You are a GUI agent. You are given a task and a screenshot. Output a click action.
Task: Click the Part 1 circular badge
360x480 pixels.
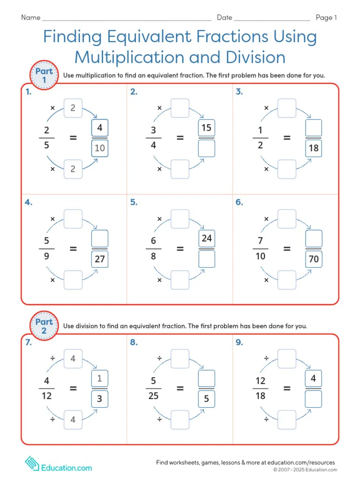click(x=44, y=75)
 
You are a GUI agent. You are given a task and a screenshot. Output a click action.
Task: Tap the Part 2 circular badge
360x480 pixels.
click(x=44, y=326)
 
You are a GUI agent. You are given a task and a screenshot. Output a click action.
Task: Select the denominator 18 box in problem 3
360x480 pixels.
click(x=314, y=149)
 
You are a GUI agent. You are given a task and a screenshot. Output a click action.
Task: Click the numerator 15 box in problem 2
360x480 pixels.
click(x=207, y=128)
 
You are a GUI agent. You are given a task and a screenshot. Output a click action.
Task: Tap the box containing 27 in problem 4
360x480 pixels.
click(x=100, y=259)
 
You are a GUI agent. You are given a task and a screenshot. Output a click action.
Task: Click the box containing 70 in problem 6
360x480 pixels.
click(x=314, y=259)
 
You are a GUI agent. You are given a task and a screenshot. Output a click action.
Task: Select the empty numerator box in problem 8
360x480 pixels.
click(x=207, y=378)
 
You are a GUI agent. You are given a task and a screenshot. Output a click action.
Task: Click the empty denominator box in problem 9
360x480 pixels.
click(x=314, y=399)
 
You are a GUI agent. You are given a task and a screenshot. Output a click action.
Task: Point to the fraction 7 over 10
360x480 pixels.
click(x=260, y=249)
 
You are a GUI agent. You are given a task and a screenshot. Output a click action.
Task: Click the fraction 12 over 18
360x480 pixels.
click(x=260, y=389)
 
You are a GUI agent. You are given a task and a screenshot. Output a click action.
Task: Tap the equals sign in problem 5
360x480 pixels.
click(x=180, y=249)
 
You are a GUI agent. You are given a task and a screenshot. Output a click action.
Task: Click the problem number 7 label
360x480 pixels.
click(x=29, y=343)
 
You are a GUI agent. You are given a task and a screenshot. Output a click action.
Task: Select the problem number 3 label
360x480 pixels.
click(x=239, y=92)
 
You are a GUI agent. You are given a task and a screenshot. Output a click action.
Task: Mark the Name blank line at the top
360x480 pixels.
click(x=127, y=19)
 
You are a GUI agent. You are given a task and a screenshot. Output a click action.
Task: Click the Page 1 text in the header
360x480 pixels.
click(x=326, y=18)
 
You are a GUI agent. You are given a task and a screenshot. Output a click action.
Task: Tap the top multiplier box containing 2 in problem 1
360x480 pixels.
click(x=73, y=108)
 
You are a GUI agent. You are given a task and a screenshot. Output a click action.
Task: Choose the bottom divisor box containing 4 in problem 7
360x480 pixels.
click(x=73, y=420)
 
